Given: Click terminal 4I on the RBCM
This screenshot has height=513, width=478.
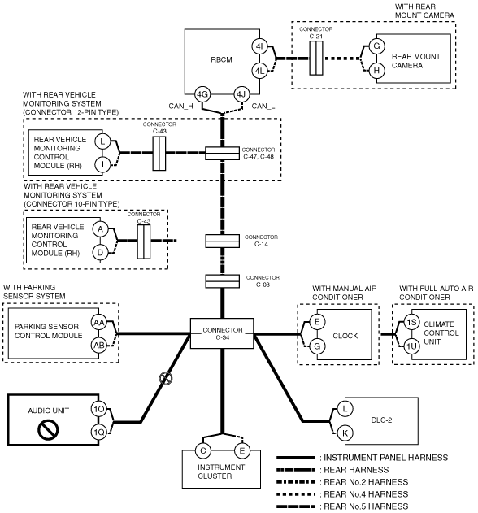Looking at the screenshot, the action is tap(260, 46).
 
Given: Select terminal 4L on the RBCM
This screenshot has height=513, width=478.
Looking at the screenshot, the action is tap(260, 71).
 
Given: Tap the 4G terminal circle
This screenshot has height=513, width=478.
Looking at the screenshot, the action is tap(202, 94).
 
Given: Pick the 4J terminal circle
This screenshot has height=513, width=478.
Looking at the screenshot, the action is tap(241, 94).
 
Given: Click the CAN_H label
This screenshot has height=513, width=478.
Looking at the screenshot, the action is tap(181, 107).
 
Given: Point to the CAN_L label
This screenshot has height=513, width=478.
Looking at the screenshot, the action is tap(263, 107).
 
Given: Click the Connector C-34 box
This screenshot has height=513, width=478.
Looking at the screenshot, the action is tap(222, 333).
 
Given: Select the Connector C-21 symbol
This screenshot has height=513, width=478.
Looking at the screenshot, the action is tap(316, 59).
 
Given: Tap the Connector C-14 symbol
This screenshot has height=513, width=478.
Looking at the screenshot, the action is tap(223, 241).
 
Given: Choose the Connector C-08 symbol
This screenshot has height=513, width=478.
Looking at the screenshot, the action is tap(223, 281).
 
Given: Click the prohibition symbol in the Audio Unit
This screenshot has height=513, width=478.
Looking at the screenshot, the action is tap(48, 429).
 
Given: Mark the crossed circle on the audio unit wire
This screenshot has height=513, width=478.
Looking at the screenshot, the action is tap(166, 379).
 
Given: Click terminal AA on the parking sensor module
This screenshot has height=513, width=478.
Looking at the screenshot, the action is tap(99, 322).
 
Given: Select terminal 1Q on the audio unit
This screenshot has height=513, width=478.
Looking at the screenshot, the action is tap(99, 433).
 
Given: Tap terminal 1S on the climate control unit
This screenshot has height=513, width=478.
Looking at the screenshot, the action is tap(411, 322).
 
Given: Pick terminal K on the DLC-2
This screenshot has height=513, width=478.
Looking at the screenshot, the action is tap(345, 433).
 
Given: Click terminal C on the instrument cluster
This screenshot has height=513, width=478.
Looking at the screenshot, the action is tap(203, 451).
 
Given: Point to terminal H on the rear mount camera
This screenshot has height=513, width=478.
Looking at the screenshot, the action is tap(376, 71).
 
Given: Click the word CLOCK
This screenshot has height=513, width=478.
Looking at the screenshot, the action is tap(345, 336).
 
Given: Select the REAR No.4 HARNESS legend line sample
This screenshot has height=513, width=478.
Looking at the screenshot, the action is tap(296, 494).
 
